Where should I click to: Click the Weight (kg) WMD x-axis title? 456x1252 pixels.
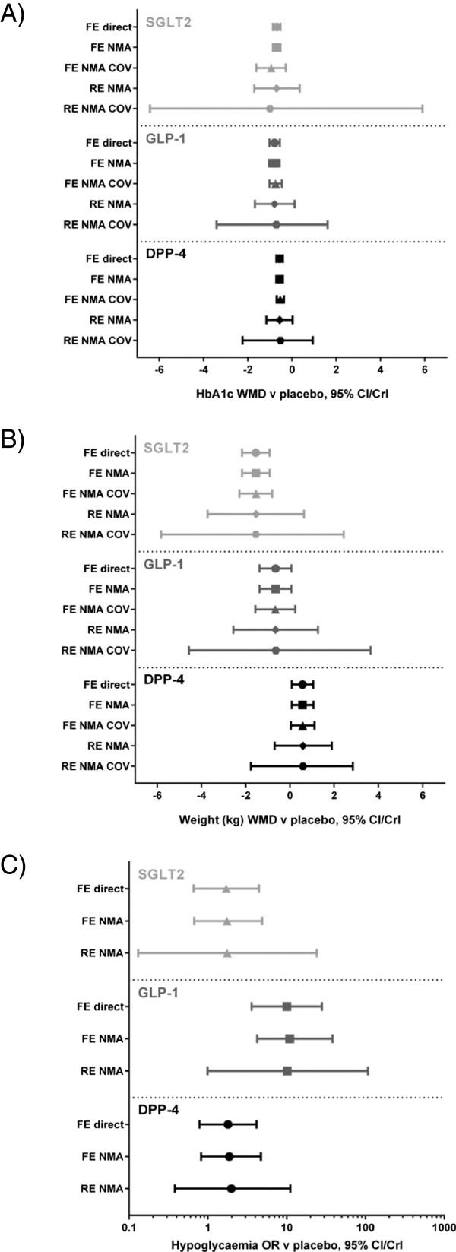click(289, 819)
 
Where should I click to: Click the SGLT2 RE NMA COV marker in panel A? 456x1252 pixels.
click(270, 109)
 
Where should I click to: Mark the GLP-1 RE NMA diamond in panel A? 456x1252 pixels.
click(274, 204)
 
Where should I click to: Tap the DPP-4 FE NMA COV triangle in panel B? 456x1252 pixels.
click(302, 725)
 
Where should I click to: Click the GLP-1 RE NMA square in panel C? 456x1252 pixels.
click(287, 1071)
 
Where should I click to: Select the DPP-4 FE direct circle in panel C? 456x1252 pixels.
click(227, 1124)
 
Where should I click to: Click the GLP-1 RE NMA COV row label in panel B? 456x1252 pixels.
click(97, 650)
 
